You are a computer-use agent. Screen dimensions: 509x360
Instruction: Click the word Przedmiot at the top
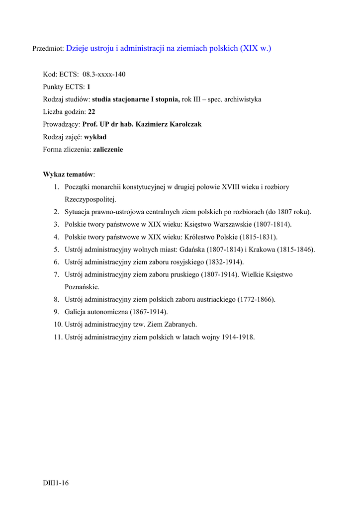[x=48, y=49]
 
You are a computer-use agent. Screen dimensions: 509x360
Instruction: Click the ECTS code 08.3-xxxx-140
[x=104, y=75]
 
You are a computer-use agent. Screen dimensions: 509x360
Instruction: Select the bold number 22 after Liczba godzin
[x=91, y=112]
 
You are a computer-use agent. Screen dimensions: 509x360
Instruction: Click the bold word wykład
[x=95, y=137]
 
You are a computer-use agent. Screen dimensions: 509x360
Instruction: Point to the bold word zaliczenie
[x=104, y=149]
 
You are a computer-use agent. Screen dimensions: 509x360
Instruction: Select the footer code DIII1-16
[x=55, y=483]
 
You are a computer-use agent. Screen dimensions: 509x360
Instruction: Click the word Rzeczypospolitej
[x=90, y=199]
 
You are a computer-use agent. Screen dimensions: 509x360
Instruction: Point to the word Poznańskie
[x=82, y=287]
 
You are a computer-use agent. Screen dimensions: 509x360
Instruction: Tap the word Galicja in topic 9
[x=75, y=312]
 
